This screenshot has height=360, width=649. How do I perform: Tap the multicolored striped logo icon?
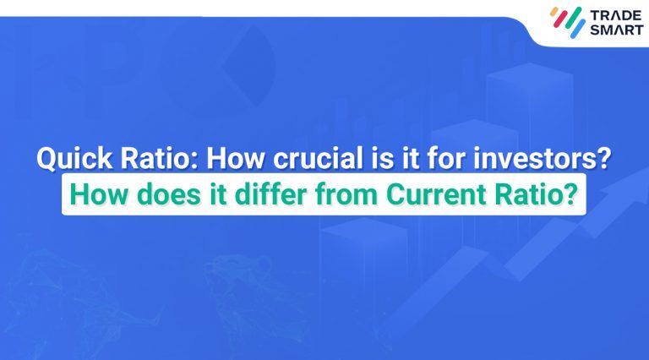click(x=567, y=22)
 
